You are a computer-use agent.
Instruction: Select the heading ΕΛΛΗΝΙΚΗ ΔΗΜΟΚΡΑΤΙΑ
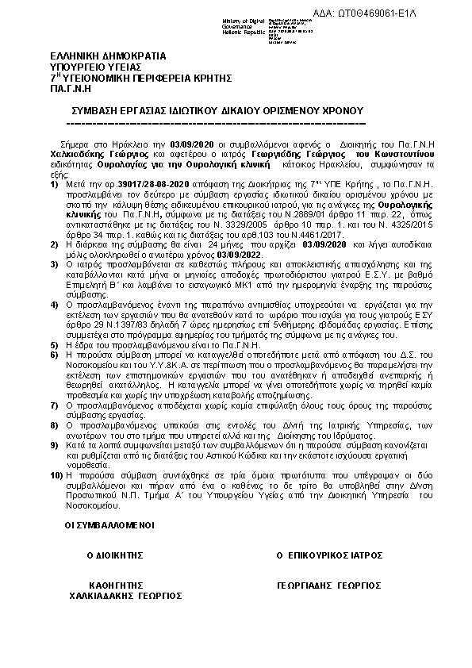coord(108,58)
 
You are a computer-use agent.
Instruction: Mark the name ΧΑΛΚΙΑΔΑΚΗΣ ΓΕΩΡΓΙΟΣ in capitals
coord(125,593)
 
